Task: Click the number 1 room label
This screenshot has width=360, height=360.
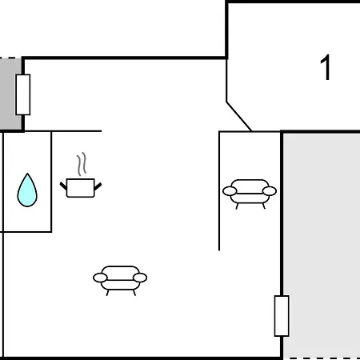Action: [x=326, y=67]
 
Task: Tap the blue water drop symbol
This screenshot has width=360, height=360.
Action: [x=27, y=190]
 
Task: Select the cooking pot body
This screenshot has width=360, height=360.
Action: [x=81, y=188]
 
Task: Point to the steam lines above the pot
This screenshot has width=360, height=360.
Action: [x=82, y=164]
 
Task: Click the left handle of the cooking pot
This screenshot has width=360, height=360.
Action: [x=63, y=186]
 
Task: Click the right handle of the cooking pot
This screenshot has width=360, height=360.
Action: [x=98, y=186]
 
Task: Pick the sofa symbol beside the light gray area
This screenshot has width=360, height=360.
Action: [x=250, y=194]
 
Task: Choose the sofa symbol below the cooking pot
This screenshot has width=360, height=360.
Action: [x=120, y=281]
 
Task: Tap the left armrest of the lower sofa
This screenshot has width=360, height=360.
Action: [x=100, y=278]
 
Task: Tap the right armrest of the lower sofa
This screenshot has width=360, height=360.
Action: [x=140, y=278]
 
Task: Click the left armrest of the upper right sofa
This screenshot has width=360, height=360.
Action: [x=230, y=191]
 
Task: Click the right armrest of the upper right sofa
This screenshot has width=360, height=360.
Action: [x=270, y=191]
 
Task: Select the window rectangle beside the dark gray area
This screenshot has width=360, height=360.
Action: [x=23, y=94]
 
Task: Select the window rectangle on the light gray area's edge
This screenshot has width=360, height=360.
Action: [x=282, y=316]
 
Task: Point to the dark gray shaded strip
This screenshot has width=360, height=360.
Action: [x=10, y=94]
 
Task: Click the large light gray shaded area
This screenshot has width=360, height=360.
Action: [x=322, y=246]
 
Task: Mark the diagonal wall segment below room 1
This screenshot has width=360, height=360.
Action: [x=239, y=116]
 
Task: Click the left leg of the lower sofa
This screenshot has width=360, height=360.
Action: [x=107, y=293]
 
